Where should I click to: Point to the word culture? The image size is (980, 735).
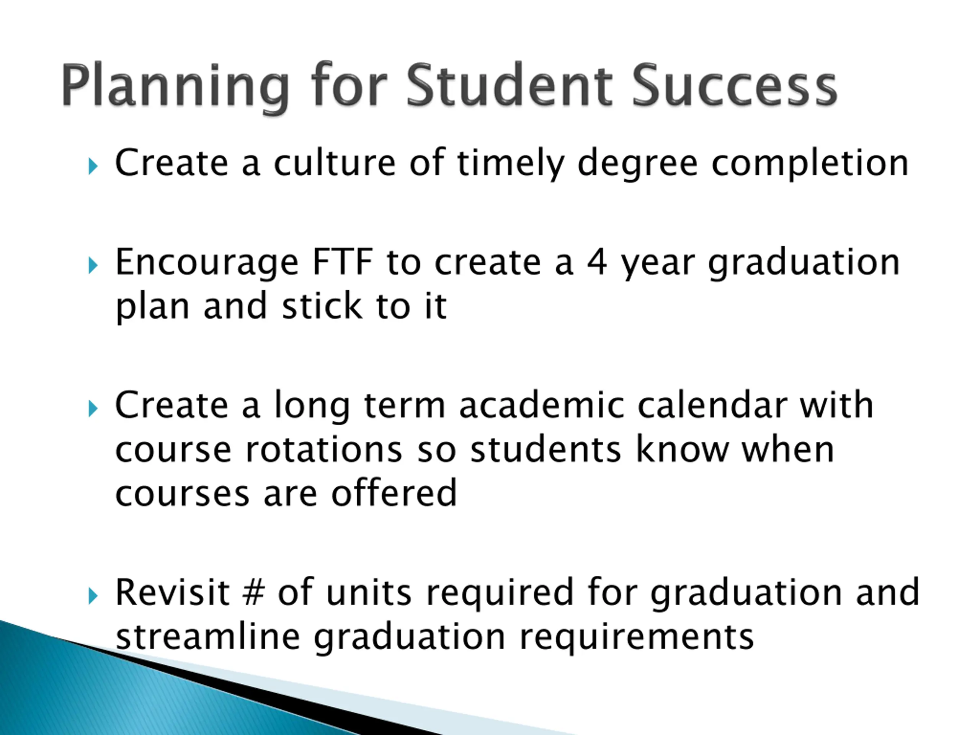335,163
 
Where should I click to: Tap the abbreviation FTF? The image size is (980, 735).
343,262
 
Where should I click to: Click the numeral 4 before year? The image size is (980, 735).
597,262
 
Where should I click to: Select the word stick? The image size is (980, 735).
322,306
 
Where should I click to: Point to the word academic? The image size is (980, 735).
542,405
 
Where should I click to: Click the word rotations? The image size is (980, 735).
323,450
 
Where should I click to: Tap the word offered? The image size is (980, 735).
394,493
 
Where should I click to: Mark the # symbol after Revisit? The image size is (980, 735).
254,593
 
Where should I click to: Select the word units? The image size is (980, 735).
369,593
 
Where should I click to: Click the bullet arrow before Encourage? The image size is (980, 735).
93,266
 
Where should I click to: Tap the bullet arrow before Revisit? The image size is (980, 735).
93,596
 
